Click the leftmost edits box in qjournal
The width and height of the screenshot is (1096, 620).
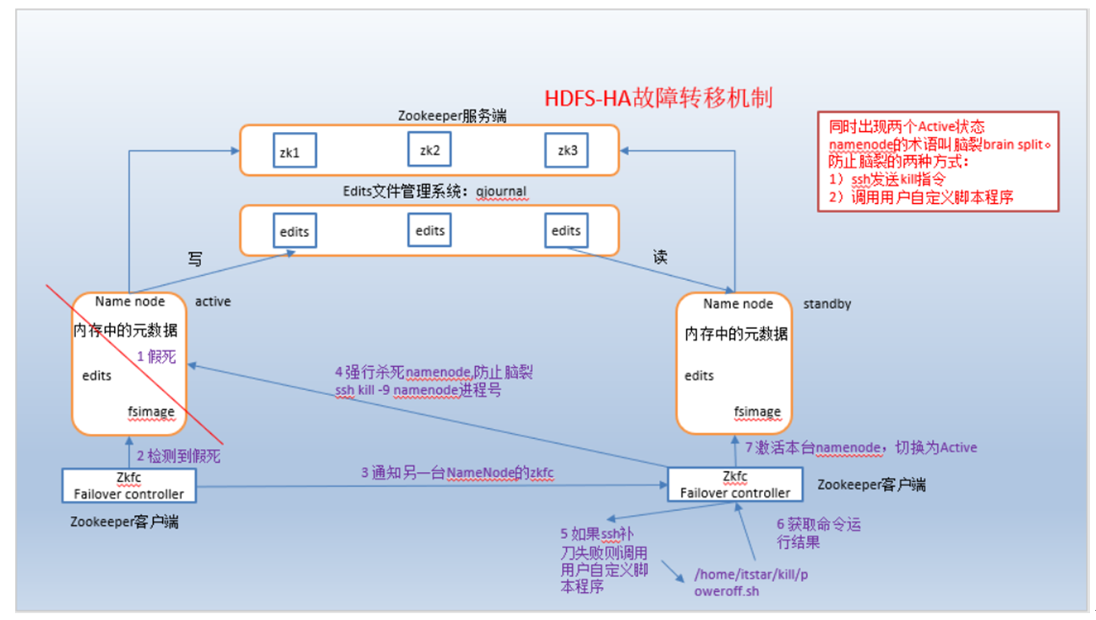coord(295,231)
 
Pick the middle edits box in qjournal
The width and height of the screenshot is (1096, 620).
coord(430,230)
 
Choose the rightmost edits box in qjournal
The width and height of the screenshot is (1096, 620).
coord(566,231)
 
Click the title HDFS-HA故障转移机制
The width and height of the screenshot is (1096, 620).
coord(657,98)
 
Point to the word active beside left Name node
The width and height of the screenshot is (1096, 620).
coord(212,301)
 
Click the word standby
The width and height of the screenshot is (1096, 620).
coord(826,304)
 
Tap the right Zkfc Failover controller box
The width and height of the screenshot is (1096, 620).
coord(735,485)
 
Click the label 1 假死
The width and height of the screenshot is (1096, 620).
coord(156,356)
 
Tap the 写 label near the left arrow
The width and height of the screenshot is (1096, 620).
coord(194,260)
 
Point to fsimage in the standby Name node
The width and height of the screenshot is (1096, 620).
coord(757,412)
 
